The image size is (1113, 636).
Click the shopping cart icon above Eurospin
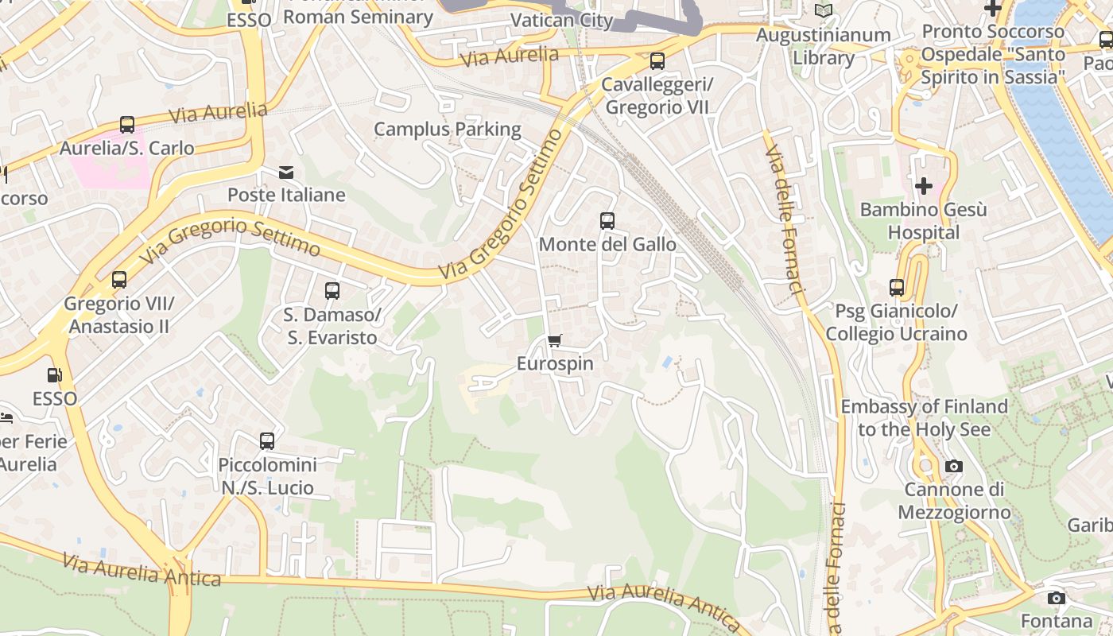pos(555,341)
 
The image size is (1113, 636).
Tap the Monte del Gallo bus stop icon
pos(607,221)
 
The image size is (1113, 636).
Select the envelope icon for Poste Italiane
pos(285,172)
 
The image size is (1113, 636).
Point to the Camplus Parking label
pos(447,129)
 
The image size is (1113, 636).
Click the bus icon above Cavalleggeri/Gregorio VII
pos(657,61)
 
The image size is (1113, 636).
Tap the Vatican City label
pos(561,20)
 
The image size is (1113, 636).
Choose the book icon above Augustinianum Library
pos(824,10)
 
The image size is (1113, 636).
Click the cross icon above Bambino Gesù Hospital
pos(924,186)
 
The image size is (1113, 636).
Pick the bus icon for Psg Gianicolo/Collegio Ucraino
pos(897,288)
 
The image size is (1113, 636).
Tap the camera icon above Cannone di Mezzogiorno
pos(954,467)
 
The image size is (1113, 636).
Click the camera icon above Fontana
pos(1056,598)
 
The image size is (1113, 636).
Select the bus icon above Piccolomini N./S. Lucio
pos(267,441)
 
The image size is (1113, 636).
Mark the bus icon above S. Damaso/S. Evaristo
pos(332,292)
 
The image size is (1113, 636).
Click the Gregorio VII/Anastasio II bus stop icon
pos(119,280)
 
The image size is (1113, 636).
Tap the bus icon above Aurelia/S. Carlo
pos(127,125)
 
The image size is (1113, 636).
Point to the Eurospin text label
pos(555,364)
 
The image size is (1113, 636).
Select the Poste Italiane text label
pos(286,195)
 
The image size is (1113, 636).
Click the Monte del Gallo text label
pos(607,244)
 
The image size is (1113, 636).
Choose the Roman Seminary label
pos(358,16)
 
